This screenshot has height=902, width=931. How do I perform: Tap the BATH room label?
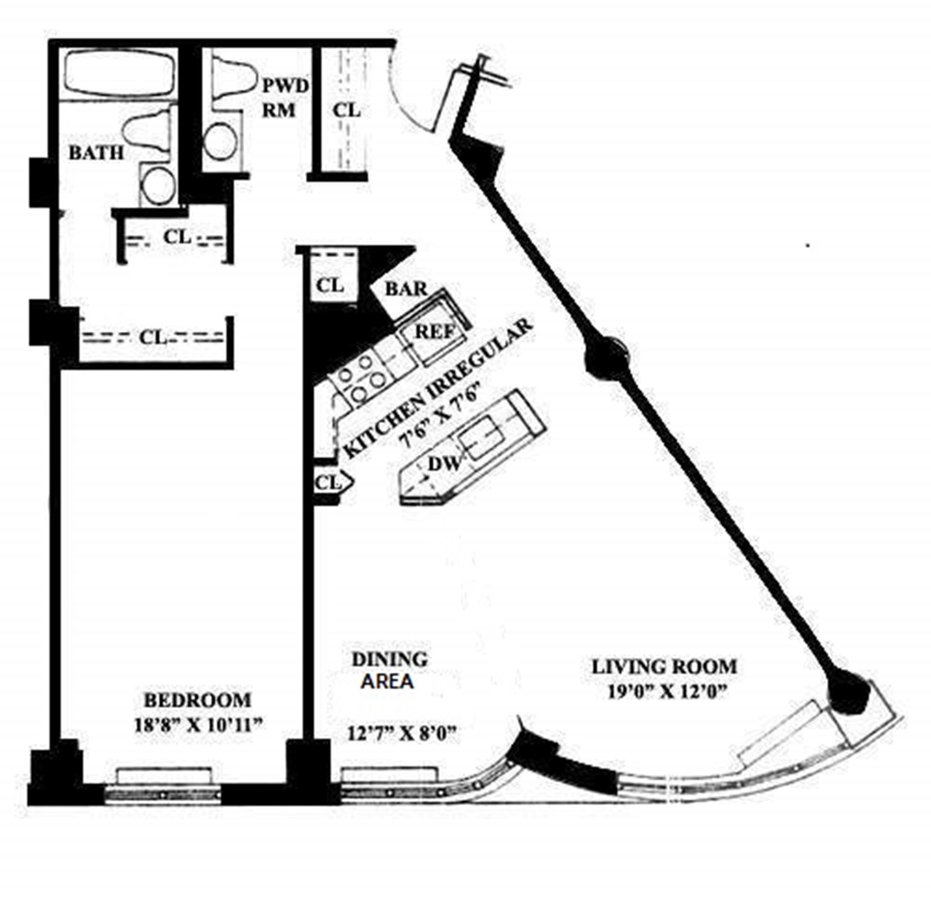coord(96,153)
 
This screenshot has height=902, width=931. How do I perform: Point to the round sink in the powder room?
coord(221,141)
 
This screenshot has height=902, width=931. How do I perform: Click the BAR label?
coord(406,290)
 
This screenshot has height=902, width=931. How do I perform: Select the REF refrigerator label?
coord(435,332)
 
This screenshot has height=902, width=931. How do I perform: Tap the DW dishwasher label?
coord(443,464)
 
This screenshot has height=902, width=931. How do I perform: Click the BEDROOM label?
coord(198,700)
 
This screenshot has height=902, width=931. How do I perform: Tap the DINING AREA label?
coord(389,670)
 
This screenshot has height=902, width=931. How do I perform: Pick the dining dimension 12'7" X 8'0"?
coord(402,733)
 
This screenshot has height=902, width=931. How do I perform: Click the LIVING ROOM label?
coord(664,667)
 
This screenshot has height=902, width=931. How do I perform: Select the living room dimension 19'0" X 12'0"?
coord(668,691)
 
